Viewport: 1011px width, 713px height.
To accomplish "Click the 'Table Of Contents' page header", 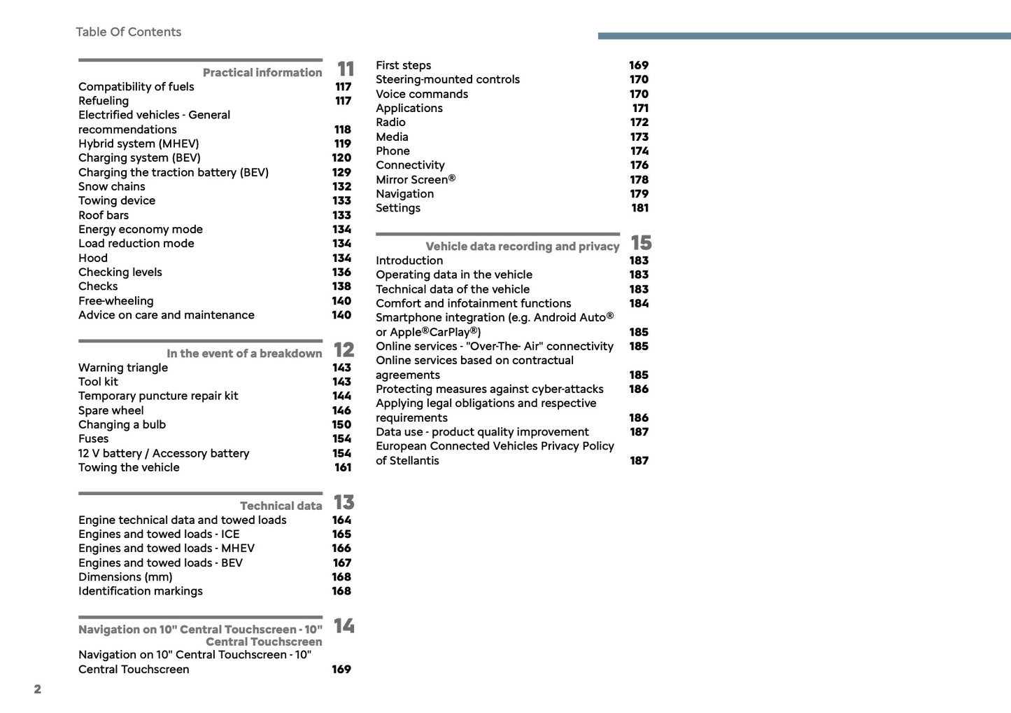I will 128,32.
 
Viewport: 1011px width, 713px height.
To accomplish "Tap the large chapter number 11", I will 346,69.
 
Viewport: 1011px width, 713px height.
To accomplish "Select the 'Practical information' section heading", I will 262,73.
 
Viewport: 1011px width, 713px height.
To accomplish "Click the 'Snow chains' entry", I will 112,187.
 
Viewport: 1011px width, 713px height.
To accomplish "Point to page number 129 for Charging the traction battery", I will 341,172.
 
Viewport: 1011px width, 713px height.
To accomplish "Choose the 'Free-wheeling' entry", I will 116,301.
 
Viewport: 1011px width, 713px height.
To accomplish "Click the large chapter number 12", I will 344,349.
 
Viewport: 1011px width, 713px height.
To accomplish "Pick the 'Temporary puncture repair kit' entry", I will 158,396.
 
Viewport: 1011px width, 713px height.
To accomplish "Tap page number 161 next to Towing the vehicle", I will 343,468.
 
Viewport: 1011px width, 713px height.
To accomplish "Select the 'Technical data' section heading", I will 281,506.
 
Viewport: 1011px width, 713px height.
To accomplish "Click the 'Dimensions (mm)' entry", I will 125,577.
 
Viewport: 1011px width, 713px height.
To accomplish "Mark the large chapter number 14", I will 344,625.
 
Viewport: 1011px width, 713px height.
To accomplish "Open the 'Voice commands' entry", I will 422,95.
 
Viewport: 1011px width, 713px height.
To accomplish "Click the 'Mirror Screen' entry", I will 416,180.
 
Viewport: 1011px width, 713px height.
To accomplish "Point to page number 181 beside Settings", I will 640,208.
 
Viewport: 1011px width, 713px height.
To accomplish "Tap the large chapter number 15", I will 641,243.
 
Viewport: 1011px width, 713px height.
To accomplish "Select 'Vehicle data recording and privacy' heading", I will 522,247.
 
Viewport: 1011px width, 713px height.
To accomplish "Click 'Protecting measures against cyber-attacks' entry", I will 490,389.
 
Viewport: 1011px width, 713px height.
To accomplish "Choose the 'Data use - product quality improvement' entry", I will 482,432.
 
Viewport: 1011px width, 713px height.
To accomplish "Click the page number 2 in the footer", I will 38,689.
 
